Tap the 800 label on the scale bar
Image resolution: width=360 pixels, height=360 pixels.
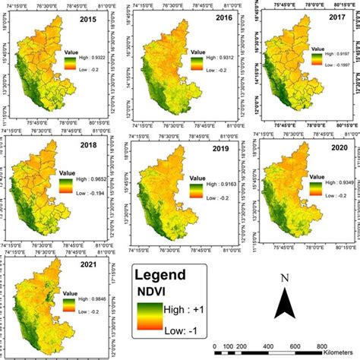point(321,345)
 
